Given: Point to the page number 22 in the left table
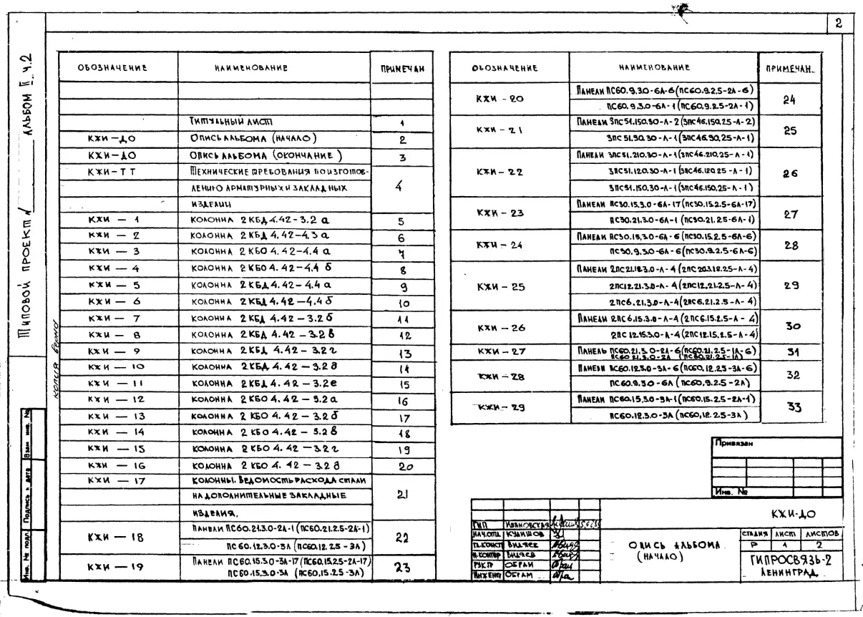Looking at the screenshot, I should pos(401,536).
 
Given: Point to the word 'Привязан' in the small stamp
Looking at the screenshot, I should pos(731,444).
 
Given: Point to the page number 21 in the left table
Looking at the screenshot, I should pos(401,493).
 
